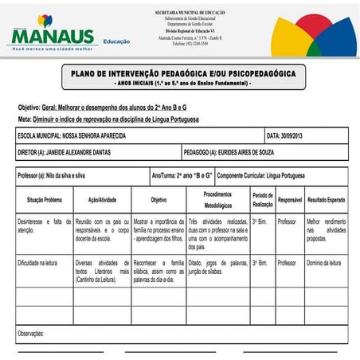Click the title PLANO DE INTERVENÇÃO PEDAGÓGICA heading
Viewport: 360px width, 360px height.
tap(183, 74)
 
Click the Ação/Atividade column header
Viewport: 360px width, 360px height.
tap(102, 200)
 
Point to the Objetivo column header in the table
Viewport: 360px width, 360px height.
tap(158, 200)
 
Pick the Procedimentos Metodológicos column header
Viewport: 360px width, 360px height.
tap(217, 200)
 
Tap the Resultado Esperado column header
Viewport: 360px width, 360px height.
tap(327, 200)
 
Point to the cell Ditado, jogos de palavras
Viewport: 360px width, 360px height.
tap(217, 266)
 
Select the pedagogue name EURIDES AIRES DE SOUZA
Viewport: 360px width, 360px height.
tap(263, 151)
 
